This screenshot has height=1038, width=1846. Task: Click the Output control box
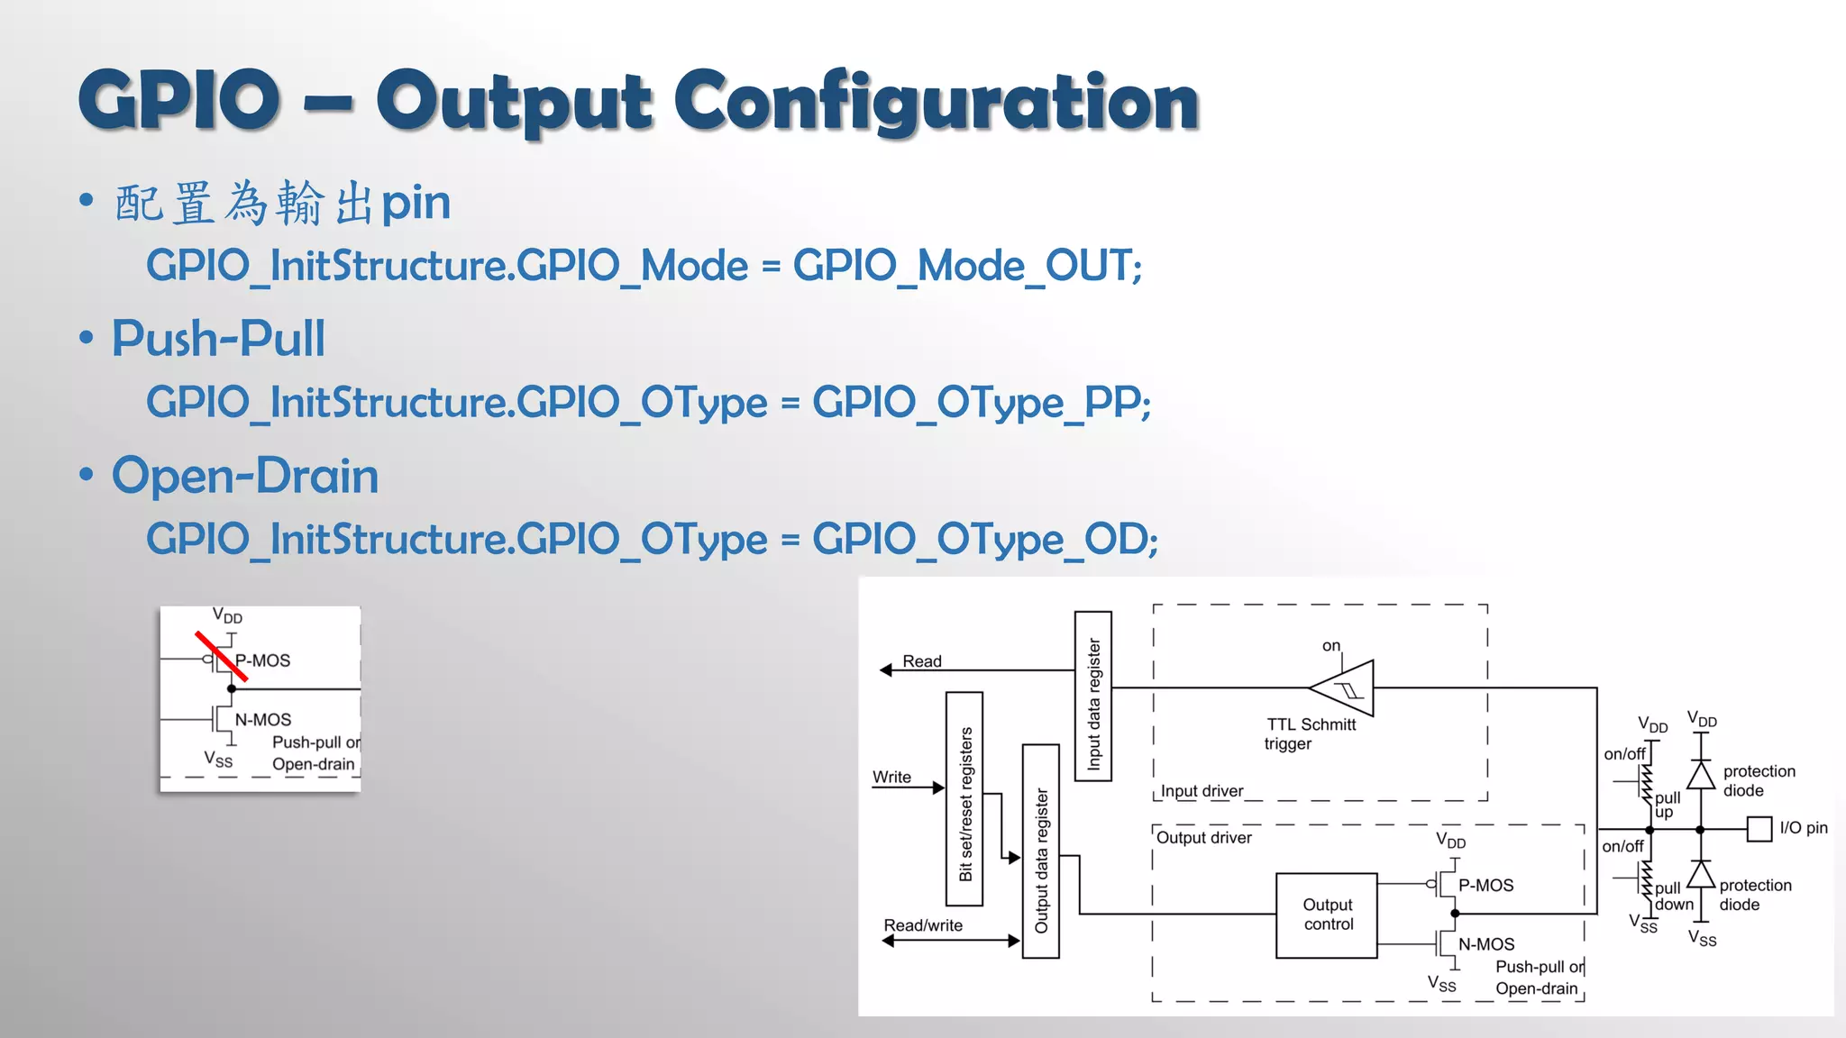1327,915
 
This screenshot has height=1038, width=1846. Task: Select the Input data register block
1092,696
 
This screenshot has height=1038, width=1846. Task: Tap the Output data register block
1040,851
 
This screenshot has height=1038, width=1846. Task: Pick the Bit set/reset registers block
964,798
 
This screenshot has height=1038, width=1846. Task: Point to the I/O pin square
1759,828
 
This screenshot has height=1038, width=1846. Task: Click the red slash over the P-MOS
221,655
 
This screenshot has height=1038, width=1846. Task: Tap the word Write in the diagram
891,777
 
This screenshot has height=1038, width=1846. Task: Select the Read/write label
923,925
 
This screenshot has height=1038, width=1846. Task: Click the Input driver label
1202,791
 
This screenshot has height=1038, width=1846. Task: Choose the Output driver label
1204,838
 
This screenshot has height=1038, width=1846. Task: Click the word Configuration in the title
937,102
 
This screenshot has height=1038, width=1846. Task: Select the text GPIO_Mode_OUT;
967,266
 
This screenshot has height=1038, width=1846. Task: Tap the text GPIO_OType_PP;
982,402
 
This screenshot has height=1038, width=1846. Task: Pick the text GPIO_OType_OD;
984,539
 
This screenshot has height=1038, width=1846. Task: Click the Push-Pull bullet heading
218,339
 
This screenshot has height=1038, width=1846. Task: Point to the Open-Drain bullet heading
245,475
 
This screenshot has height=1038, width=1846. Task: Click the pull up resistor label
1667,805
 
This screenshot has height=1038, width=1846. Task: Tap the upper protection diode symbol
1700,775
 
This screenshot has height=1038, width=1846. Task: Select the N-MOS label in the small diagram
263,720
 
